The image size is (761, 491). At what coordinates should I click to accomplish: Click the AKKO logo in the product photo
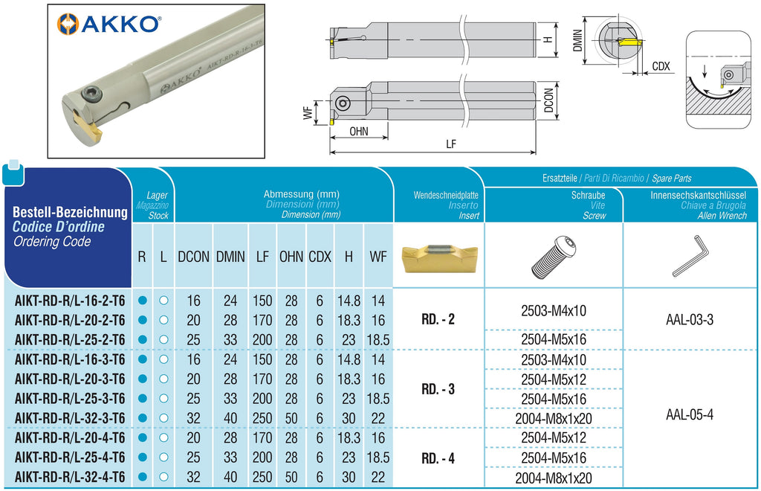tap(109, 24)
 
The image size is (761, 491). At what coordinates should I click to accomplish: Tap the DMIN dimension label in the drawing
tap(577, 41)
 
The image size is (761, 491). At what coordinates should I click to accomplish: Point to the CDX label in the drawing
tap(661, 66)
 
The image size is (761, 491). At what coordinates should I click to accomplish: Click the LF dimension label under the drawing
tap(451, 144)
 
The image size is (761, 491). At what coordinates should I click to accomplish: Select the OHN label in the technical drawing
tap(359, 131)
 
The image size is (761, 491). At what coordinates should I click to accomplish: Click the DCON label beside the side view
tap(548, 100)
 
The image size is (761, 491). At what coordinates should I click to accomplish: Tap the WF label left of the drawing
tap(308, 112)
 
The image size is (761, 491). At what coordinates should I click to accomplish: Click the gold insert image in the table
tap(439, 257)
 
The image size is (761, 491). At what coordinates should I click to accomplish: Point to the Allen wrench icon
tap(690, 256)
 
